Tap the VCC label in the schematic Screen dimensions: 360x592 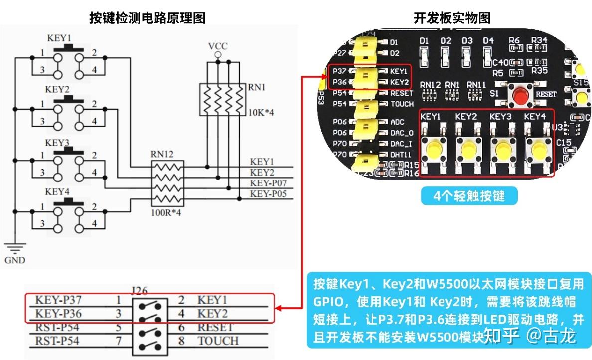tap(217, 46)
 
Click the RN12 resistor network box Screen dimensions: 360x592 tap(167, 183)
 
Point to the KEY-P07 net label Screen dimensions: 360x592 tap(268, 183)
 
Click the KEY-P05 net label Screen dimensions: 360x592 tap(268, 194)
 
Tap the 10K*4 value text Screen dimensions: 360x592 tap(261, 112)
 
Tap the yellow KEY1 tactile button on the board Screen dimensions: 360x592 tap(432, 149)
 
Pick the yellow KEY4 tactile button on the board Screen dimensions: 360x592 tap(537, 149)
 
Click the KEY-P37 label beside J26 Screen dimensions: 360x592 tap(58, 300)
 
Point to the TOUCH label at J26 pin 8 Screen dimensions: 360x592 tap(218, 341)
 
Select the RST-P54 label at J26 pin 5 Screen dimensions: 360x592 tap(58, 328)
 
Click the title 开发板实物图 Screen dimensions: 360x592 tap(452, 18)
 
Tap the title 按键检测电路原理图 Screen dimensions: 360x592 tap(147, 18)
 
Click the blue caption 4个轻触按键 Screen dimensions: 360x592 tap(469, 196)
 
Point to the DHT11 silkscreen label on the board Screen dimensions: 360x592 tap(401, 155)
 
